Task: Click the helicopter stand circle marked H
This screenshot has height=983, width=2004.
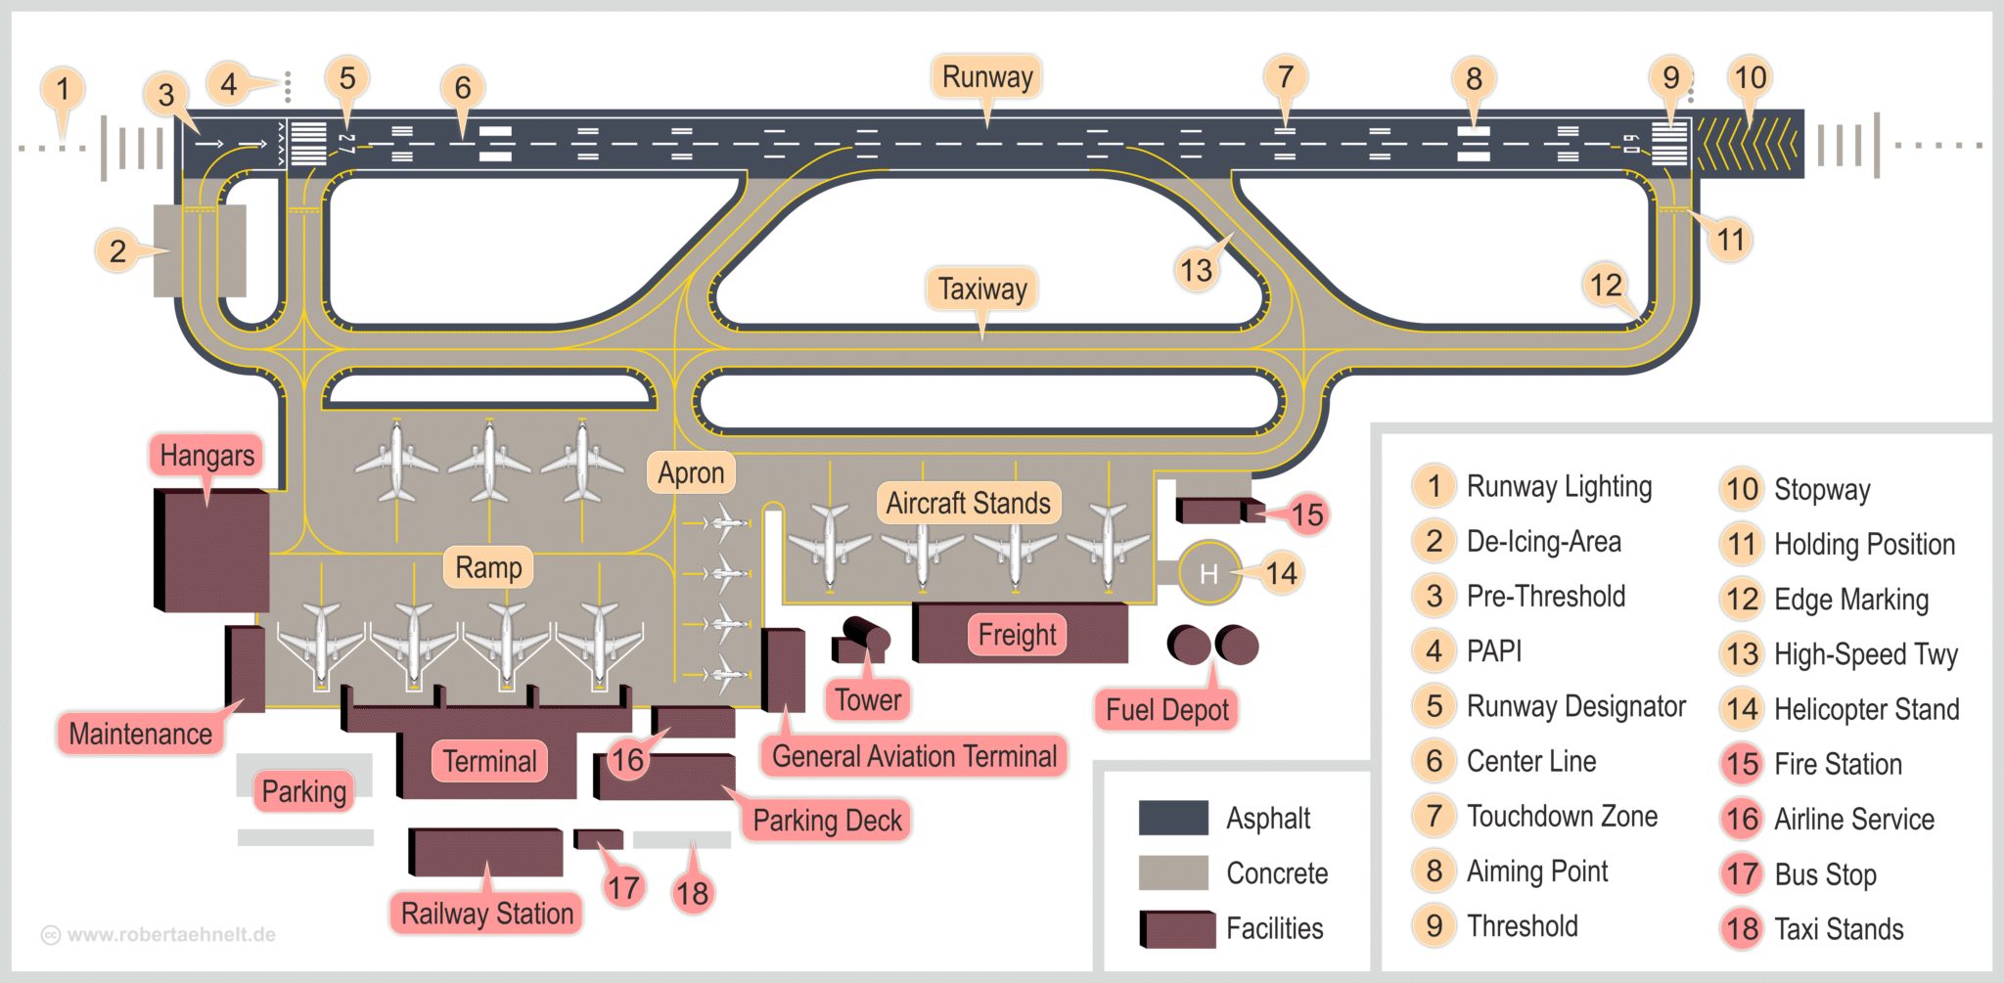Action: [x=1209, y=573]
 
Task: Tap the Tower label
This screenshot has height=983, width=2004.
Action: [x=868, y=700]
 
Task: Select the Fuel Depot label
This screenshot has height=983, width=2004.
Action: [x=1166, y=710]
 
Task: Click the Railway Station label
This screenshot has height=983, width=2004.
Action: [x=487, y=914]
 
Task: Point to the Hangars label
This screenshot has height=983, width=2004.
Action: [x=206, y=456]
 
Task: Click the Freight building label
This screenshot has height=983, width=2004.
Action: [x=1018, y=635]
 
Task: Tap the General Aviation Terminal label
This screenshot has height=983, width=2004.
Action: [x=914, y=756]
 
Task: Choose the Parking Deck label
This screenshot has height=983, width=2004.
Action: [x=827, y=821]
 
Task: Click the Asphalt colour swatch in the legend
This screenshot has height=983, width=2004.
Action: [x=1173, y=818]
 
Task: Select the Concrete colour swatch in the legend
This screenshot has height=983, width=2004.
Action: [x=1173, y=872]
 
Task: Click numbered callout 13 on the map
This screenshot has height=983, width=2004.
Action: [x=1196, y=270]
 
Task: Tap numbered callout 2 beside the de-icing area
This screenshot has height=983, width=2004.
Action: [x=117, y=251]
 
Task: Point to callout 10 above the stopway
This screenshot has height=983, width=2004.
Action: [x=1750, y=77]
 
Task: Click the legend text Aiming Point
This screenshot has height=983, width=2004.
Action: [x=1536, y=871]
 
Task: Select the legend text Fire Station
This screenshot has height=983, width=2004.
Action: [x=1838, y=764]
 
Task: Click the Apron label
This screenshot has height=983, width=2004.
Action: [x=691, y=473]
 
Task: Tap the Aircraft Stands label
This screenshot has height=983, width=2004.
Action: [x=968, y=503]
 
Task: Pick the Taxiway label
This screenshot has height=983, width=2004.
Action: [x=982, y=290]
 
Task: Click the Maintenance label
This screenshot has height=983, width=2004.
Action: [x=140, y=734]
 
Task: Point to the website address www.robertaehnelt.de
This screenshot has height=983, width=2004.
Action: [x=170, y=934]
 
